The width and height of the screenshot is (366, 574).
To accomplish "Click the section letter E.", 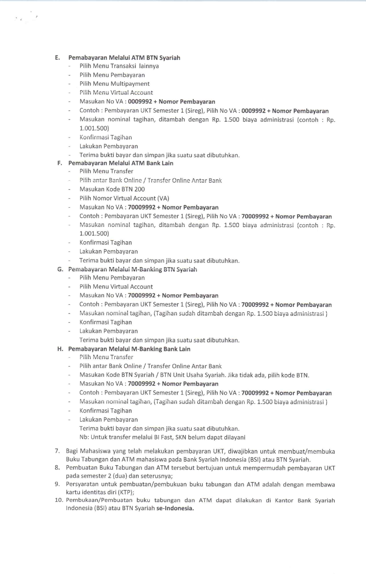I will pos(57,58).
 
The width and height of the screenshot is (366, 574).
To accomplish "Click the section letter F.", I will pos(59,163).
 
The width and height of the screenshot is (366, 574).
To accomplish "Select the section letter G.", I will pos(60,269).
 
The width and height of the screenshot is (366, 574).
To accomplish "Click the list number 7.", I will pos(57,451).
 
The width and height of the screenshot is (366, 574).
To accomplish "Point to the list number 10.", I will pos(59,500).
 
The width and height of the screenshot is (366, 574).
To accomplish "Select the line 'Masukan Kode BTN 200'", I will pos(112,189).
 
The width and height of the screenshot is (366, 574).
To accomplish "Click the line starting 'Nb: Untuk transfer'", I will pos(162,437).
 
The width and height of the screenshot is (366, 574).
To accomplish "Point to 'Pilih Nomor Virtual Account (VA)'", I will pos(124,198).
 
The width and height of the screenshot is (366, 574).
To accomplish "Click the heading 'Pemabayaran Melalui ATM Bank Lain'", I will pos(121,163).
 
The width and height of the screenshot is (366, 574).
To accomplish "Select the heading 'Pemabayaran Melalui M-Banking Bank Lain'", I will pos(129,349).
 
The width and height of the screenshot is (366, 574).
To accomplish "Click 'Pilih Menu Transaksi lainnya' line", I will pos(119,66).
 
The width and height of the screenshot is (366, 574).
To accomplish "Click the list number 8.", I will pos(57,468).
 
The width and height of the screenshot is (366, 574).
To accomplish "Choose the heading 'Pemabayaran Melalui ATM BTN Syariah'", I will pos(124,58).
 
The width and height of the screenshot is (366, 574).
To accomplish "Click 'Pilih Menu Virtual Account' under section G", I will pos(116,286).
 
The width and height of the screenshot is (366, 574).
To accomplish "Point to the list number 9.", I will pos(57,484).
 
